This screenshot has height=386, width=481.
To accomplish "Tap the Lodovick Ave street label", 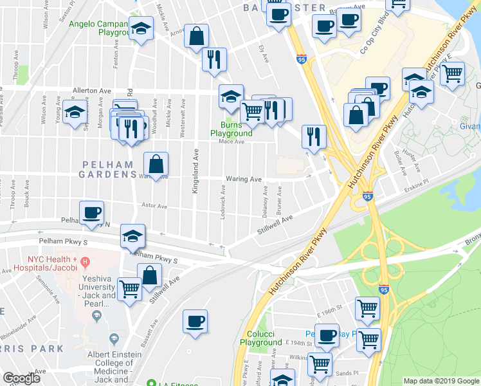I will coord(222,202).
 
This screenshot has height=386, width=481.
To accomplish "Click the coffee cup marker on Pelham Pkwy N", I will coord(91,212).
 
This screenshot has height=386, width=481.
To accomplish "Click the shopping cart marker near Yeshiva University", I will coord(129,289).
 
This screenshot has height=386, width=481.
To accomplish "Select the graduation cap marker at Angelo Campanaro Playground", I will coord(141,30).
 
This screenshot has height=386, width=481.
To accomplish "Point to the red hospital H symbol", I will coord(84,261).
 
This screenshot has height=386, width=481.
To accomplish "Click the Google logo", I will coord(21,378).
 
